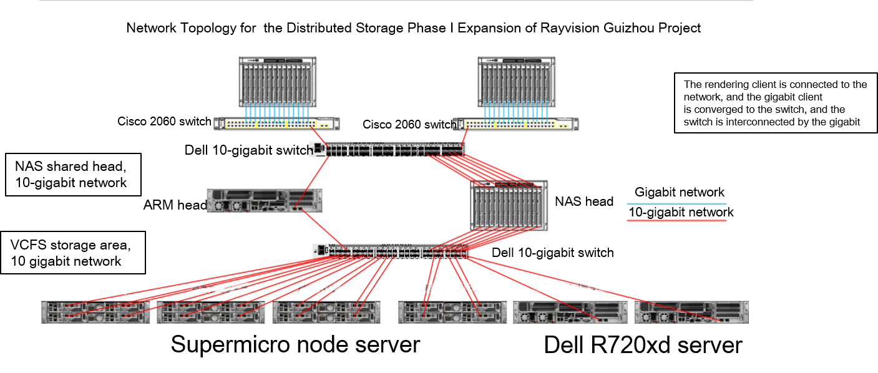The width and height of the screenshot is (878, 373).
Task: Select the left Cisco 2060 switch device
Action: tap(276, 124)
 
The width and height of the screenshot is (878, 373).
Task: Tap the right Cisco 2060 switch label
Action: tap(409, 125)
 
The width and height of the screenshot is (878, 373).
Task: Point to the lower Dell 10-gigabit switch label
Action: tap(553, 253)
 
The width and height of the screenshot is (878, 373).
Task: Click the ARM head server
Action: tap(265, 201)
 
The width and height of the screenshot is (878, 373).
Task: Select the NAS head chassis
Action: tap(509, 205)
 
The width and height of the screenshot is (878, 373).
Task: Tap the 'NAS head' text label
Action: tap(584, 201)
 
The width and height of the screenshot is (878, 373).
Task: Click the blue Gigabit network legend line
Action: tap(676, 204)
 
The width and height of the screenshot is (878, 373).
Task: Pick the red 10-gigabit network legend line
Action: tap(676, 221)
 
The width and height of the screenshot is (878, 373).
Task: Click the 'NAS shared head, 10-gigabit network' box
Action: tap(73, 175)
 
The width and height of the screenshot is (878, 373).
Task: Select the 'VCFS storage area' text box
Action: tap(73, 253)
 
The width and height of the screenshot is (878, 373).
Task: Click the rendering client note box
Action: tap(776, 103)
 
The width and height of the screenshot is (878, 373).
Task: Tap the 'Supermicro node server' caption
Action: tap(296, 345)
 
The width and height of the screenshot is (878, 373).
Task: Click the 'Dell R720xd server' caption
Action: tap(643, 346)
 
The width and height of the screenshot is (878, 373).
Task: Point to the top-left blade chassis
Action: tap(278, 82)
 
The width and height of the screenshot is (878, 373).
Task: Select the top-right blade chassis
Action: tap(516, 82)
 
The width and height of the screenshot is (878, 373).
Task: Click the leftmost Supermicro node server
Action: tap(95, 312)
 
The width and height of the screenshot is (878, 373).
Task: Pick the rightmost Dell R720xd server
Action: tap(691, 312)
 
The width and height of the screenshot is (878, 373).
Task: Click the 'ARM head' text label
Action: tap(175, 205)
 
